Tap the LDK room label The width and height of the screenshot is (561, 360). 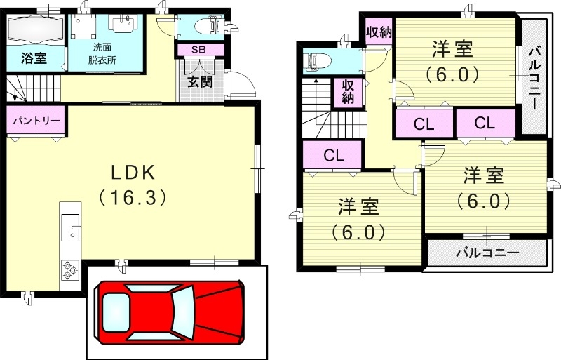tap(133, 173)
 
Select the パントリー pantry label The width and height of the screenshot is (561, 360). tap(36, 120)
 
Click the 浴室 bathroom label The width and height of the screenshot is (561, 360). tap(34, 58)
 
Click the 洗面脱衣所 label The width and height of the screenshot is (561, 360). tap(102, 53)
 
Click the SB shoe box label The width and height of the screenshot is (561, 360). tap(198, 50)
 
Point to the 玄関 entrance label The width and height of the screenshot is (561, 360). tap(201, 81)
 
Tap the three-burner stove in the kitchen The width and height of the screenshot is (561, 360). tap(69, 270)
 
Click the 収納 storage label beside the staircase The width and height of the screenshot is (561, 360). tap(348, 92)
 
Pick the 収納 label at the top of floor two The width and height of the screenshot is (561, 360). tap(379, 32)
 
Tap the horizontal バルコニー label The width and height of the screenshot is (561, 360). tap(487, 253)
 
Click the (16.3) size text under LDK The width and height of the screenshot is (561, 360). tap(133, 197)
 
